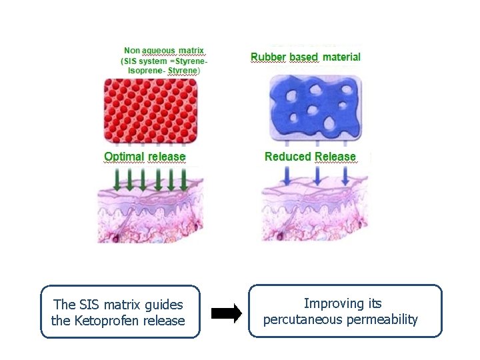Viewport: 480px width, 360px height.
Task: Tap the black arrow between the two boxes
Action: (227, 313)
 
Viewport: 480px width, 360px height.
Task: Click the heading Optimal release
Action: (145, 157)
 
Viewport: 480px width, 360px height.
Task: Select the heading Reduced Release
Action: (310, 157)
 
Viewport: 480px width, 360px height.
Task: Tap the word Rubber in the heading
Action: (268, 57)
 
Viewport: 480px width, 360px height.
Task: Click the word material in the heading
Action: (341, 57)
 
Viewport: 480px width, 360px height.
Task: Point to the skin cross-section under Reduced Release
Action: (313, 213)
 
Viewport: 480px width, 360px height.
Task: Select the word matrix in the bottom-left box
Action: (127, 305)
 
